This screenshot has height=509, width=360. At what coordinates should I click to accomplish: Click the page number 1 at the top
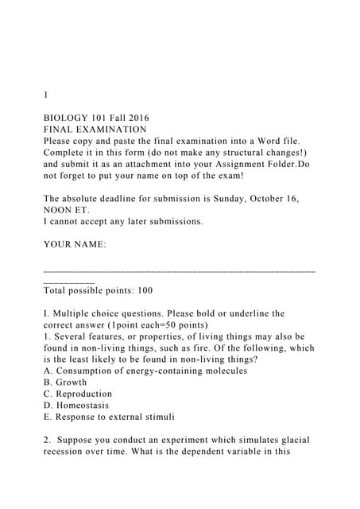coord(46,95)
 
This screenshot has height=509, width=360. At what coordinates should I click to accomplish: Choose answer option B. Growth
coord(65,383)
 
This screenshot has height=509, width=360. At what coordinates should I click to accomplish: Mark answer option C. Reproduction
coord(78,394)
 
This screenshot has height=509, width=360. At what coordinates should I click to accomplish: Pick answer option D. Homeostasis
coord(76,406)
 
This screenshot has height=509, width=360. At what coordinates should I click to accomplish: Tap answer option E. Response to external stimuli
coord(109,417)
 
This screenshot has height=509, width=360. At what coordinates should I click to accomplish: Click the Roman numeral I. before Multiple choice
coord(46,314)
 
